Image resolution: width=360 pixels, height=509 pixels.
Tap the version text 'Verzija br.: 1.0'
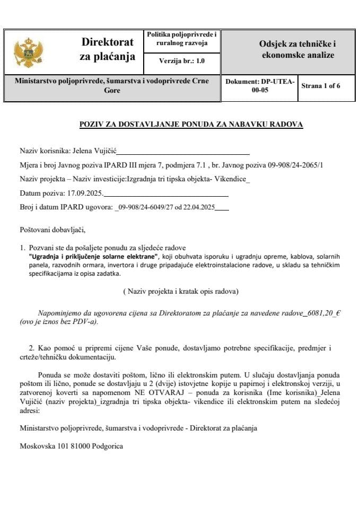pos(182,62)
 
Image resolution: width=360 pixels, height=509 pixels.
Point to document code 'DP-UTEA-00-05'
pos(259,86)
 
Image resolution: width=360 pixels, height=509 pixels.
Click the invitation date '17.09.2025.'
pos(84,194)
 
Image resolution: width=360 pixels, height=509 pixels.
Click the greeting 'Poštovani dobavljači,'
pos(52,230)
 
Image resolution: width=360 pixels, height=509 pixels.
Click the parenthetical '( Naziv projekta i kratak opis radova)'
pos(180,292)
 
